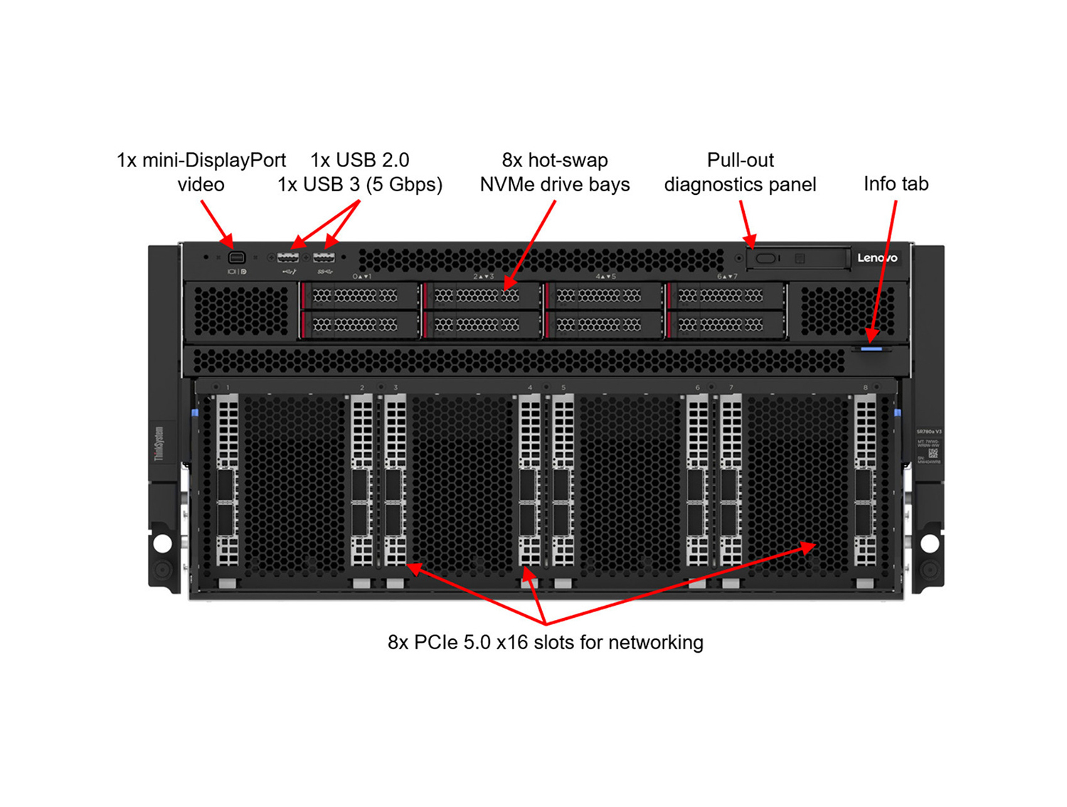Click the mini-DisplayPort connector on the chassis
(x=237, y=257)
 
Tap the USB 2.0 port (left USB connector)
(x=288, y=257)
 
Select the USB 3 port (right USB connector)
(x=324, y=257)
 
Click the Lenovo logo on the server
(x=876, y=257)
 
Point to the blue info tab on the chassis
(x=871, y=349)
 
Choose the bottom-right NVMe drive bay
(x=726, y=325)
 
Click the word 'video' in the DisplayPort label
(x=201, y=185)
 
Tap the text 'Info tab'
(x=896, y=184)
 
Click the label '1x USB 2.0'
(x=359, y=160)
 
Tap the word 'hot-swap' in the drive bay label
(x=568, y=160)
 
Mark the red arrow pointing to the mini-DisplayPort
(x=217, y=224)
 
